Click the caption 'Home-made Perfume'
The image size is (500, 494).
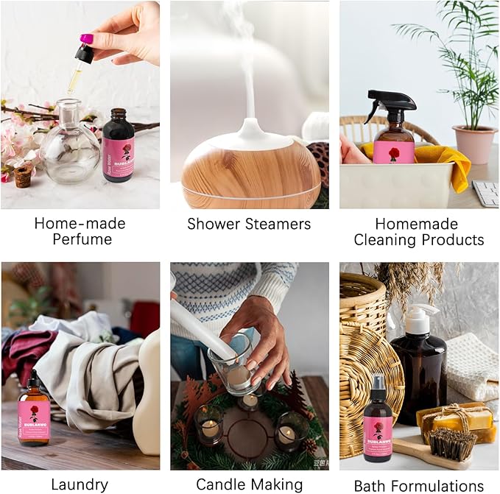[x=80, y=231]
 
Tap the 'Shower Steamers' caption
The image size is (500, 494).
[x=249, y=224]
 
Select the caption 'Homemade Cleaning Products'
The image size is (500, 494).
[x=418, y=232]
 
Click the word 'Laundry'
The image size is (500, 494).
[x=80, y=484]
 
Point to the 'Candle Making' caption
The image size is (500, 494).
[x=249, y=484]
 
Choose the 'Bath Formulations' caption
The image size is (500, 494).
[x=418, y=485]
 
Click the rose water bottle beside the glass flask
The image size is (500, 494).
[x=118, y=145]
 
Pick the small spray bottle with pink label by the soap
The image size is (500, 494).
[x=378, y=429]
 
